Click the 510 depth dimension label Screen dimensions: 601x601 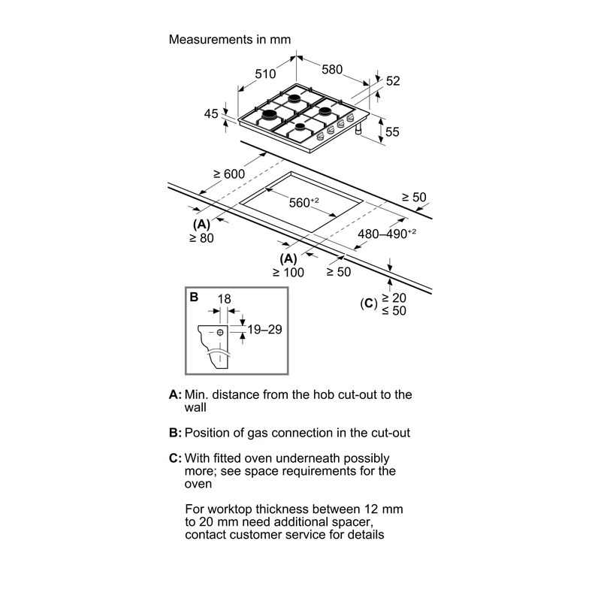click(x=265, y=74)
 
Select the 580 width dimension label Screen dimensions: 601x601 click(x=332, y=69)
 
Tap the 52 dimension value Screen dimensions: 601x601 click(x=393, y=81)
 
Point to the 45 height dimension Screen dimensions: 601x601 click(x=211, y=114)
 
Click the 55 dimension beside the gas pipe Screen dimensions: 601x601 click(x=392, y=132)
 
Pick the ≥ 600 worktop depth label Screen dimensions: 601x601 click(x=229, y=174)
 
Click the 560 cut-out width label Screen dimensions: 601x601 click(x=304, y=202)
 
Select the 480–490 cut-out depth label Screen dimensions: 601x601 click(x=387, y=234)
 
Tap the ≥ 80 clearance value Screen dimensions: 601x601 click(x=201, y=238)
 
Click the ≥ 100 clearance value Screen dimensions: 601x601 click(x=288, y=273)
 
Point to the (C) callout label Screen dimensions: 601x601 click(x=368, y=304)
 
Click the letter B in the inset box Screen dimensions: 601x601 click(x=194, y=297)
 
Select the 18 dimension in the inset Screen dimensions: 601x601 click(x=224, y=298)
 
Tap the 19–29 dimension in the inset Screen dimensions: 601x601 click(x=264, y=329)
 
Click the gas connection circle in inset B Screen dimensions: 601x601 click(x=220, y=332)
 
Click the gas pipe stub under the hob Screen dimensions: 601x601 click(x=359, y=129)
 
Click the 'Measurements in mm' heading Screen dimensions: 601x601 click(x=230, y=40)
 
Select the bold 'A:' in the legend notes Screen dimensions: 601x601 click(x=175, y=394)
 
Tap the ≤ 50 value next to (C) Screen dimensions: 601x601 click(x=394, y=310)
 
